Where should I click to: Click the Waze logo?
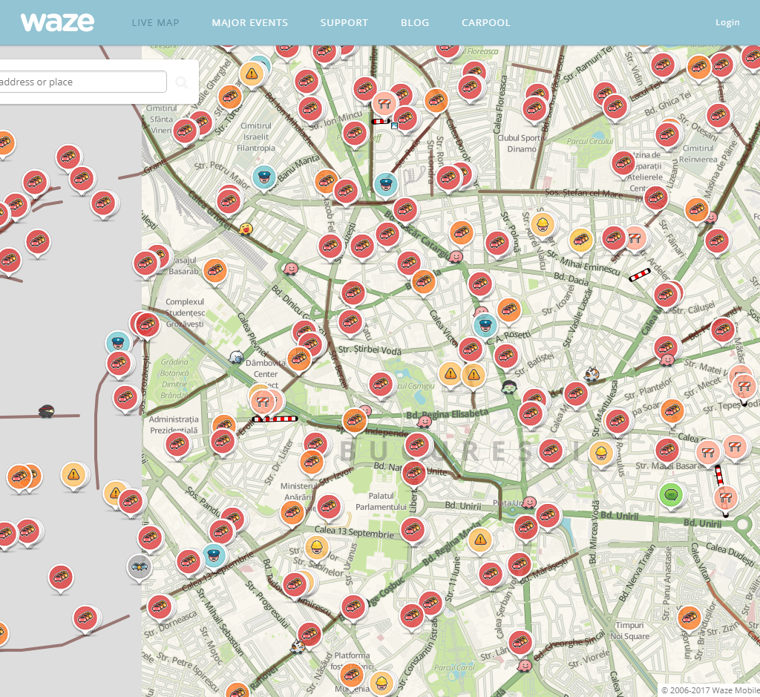click(57, 22)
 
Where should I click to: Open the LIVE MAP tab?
click(155, 22)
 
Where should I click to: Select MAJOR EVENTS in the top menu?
click(249, 22)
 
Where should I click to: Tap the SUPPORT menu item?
click(344, 22)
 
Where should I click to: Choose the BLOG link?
click(415, 22)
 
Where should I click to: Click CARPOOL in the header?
click(485, 22)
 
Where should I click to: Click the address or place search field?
click(82, 82)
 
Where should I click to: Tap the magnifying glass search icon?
click(182, 82)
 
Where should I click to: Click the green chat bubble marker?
click(672, 493)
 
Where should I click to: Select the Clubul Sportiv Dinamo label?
click(519, 143)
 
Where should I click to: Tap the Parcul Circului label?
click(589, 141)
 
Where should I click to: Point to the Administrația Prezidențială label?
click(174, 425)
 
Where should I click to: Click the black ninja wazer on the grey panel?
click(46, 411)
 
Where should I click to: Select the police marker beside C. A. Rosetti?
click(485, 324)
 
